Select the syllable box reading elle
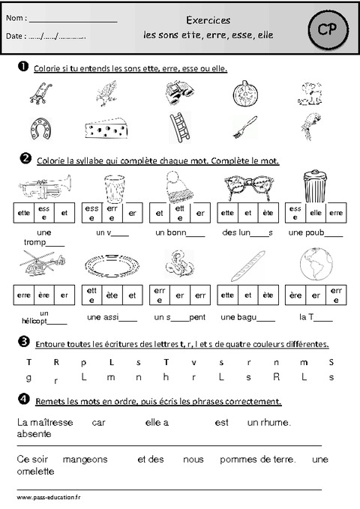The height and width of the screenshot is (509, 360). coord(316,213)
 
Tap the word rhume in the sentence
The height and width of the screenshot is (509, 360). coord(275,423)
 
